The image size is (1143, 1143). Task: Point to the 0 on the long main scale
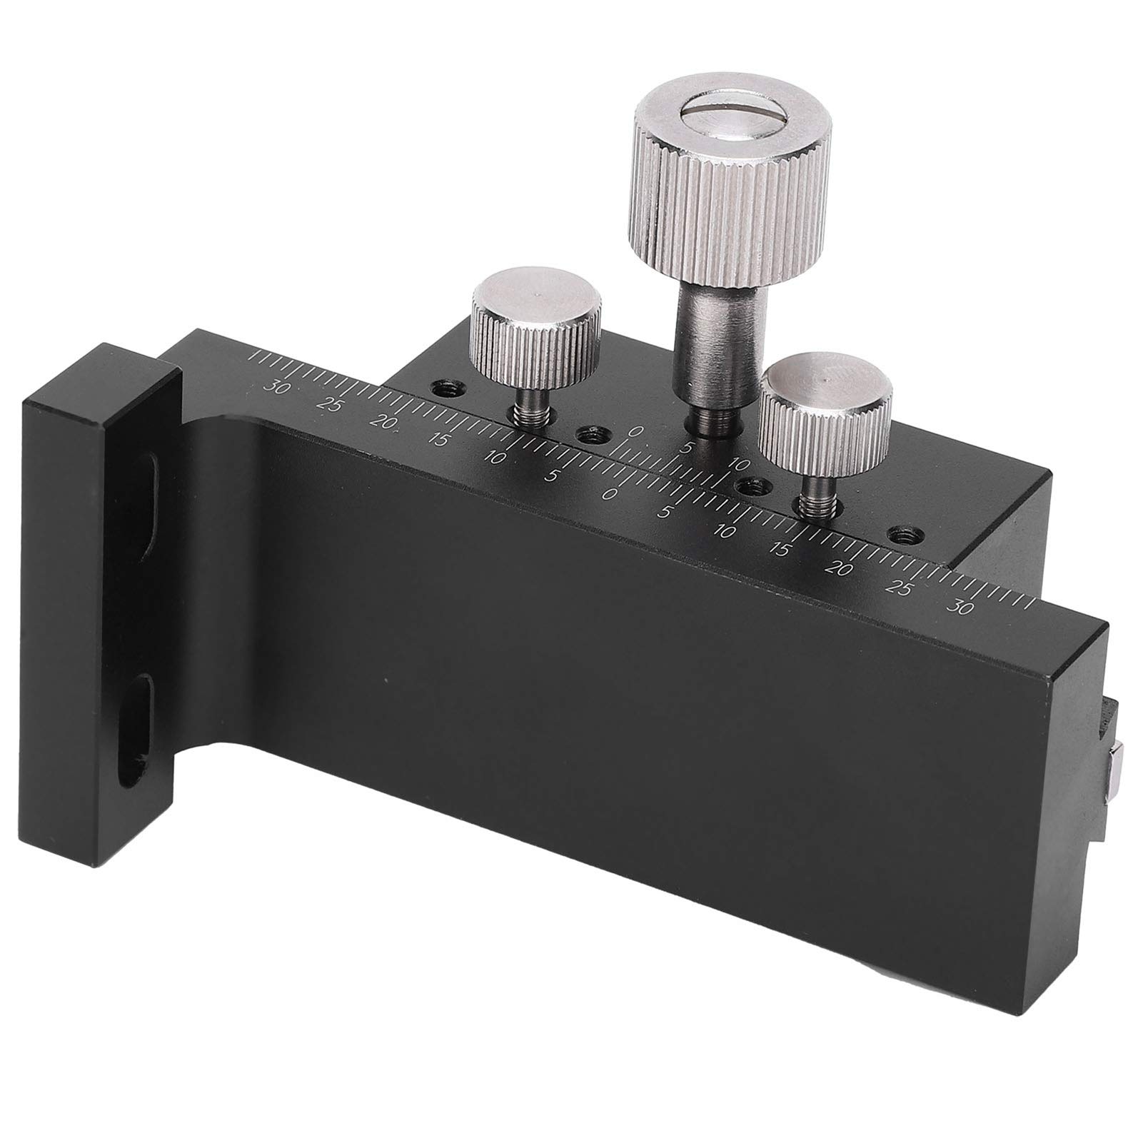click(610, 493)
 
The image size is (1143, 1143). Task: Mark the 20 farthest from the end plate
click(842, 570)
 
